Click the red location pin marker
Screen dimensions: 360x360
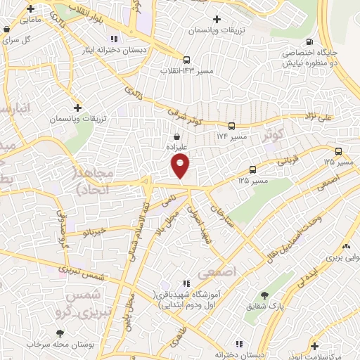[181, 167]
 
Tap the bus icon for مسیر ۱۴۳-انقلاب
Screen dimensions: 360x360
[186, 60]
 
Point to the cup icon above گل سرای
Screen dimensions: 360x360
[6, 30]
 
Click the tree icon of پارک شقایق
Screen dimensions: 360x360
[264, 295]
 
